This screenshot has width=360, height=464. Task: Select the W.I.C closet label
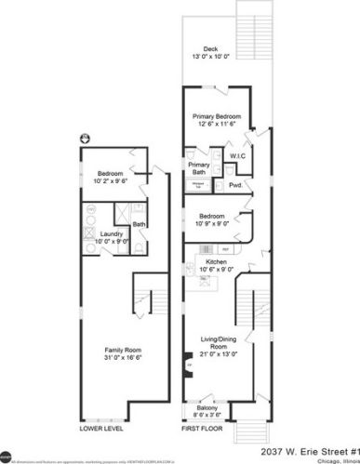click(236, 155)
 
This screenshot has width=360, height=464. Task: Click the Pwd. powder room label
click(235, 185)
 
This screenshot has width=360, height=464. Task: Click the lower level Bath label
click(139, 224)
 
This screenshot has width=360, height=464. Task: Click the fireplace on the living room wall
click(187, 365)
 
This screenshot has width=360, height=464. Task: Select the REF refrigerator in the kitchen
click(225, 249)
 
